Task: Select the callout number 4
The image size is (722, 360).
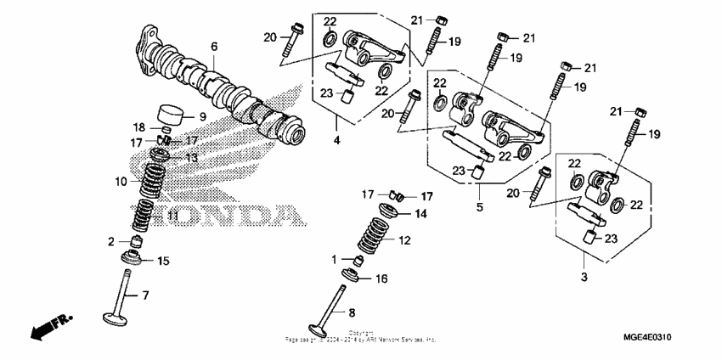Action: click(336, 140)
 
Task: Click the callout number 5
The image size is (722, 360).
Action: click(480, 206)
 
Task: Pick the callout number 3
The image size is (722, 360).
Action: click(584, 277)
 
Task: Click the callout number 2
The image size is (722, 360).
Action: click(111, 242)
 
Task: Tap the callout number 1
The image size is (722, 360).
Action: click(334, 257)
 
